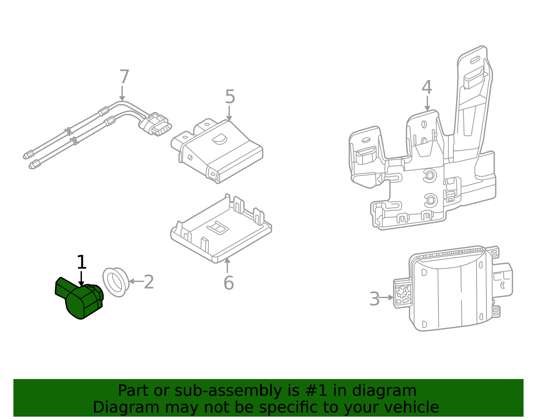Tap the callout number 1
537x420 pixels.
click(x=82, y=262)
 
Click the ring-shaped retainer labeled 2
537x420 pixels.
click(x=116, y=282)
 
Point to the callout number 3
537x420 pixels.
click(x=374, y=299)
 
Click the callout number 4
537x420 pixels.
click(x=427, y=87)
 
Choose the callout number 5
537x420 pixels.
click(x=230, y=97)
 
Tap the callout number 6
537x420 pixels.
click(x=229, y=283)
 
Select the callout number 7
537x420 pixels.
click(x=124, y=77)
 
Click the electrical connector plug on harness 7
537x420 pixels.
click(x=155, y=125)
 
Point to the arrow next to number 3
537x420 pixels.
click(x=386, y=298)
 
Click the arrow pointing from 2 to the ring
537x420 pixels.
click(x=136, y=281)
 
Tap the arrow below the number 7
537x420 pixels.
click(x=122, y=93)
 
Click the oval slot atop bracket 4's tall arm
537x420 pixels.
click(x=475, y=60)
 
